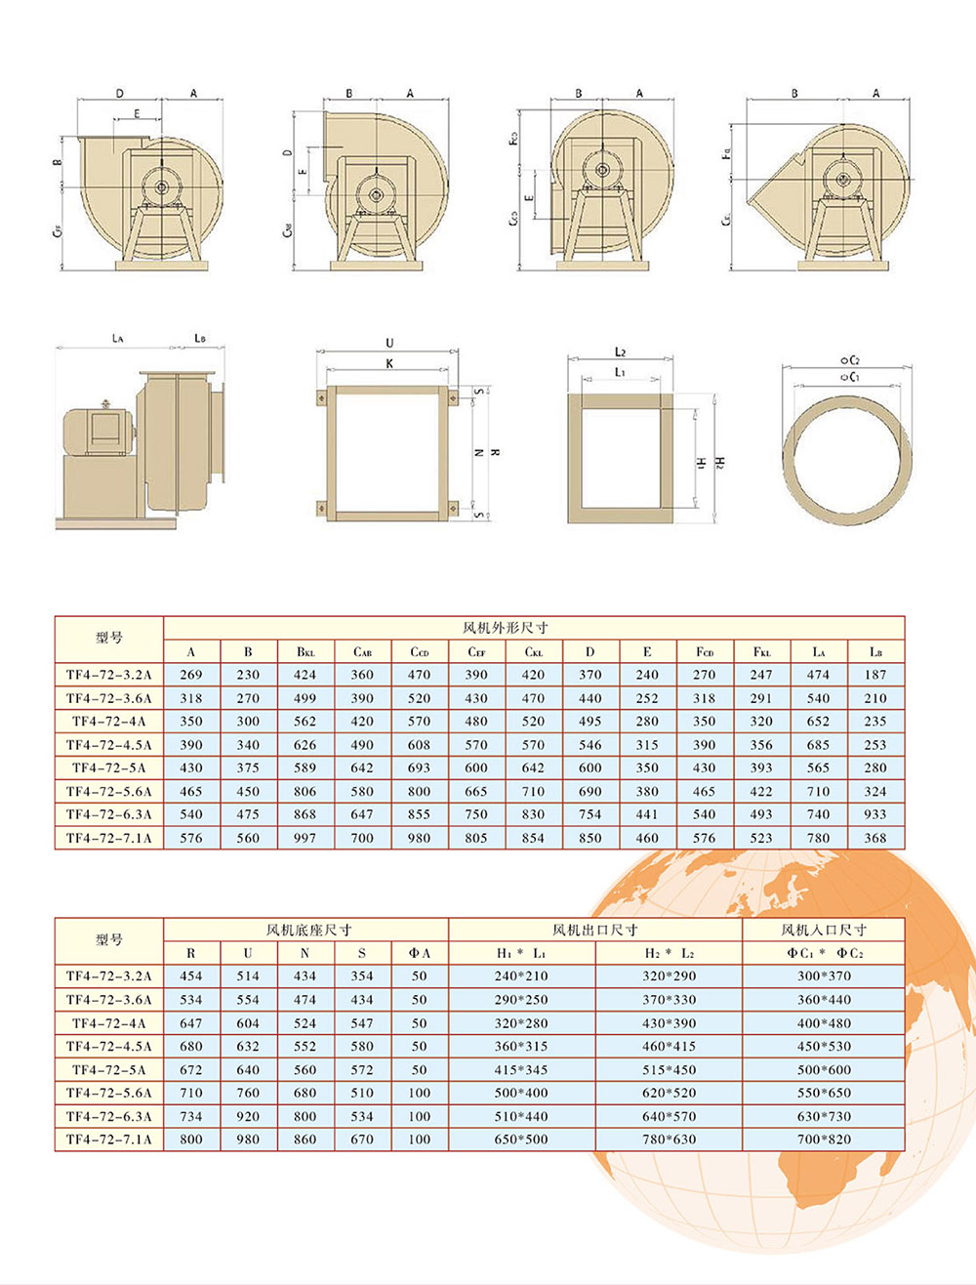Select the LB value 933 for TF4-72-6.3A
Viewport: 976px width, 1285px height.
point(875,814)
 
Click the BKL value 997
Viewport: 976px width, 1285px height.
point(305,838)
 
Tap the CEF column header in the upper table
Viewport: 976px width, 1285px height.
point(476,651)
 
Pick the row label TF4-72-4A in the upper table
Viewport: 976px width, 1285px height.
point(108,722)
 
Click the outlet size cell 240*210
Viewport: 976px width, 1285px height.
point(521,976)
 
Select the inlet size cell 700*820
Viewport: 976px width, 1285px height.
point(824,1140)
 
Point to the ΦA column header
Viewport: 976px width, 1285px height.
point(419,953)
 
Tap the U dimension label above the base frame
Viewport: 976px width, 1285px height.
point(389,343)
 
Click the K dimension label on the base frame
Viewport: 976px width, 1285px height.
point(389,363)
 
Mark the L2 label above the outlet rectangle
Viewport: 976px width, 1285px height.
point(620,352)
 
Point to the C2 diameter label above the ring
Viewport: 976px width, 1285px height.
point(849,360)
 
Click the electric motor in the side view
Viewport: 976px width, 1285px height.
point(96,431)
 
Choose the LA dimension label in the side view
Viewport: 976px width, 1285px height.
point(117,338)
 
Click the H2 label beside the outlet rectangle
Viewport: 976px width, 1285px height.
point(720,461)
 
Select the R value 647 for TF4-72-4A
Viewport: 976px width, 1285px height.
point(191,1023)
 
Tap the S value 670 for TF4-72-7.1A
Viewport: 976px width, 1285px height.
point(362,1140)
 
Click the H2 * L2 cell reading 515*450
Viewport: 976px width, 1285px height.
point(669,1070)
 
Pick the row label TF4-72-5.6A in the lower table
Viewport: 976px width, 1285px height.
point(108,1094)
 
